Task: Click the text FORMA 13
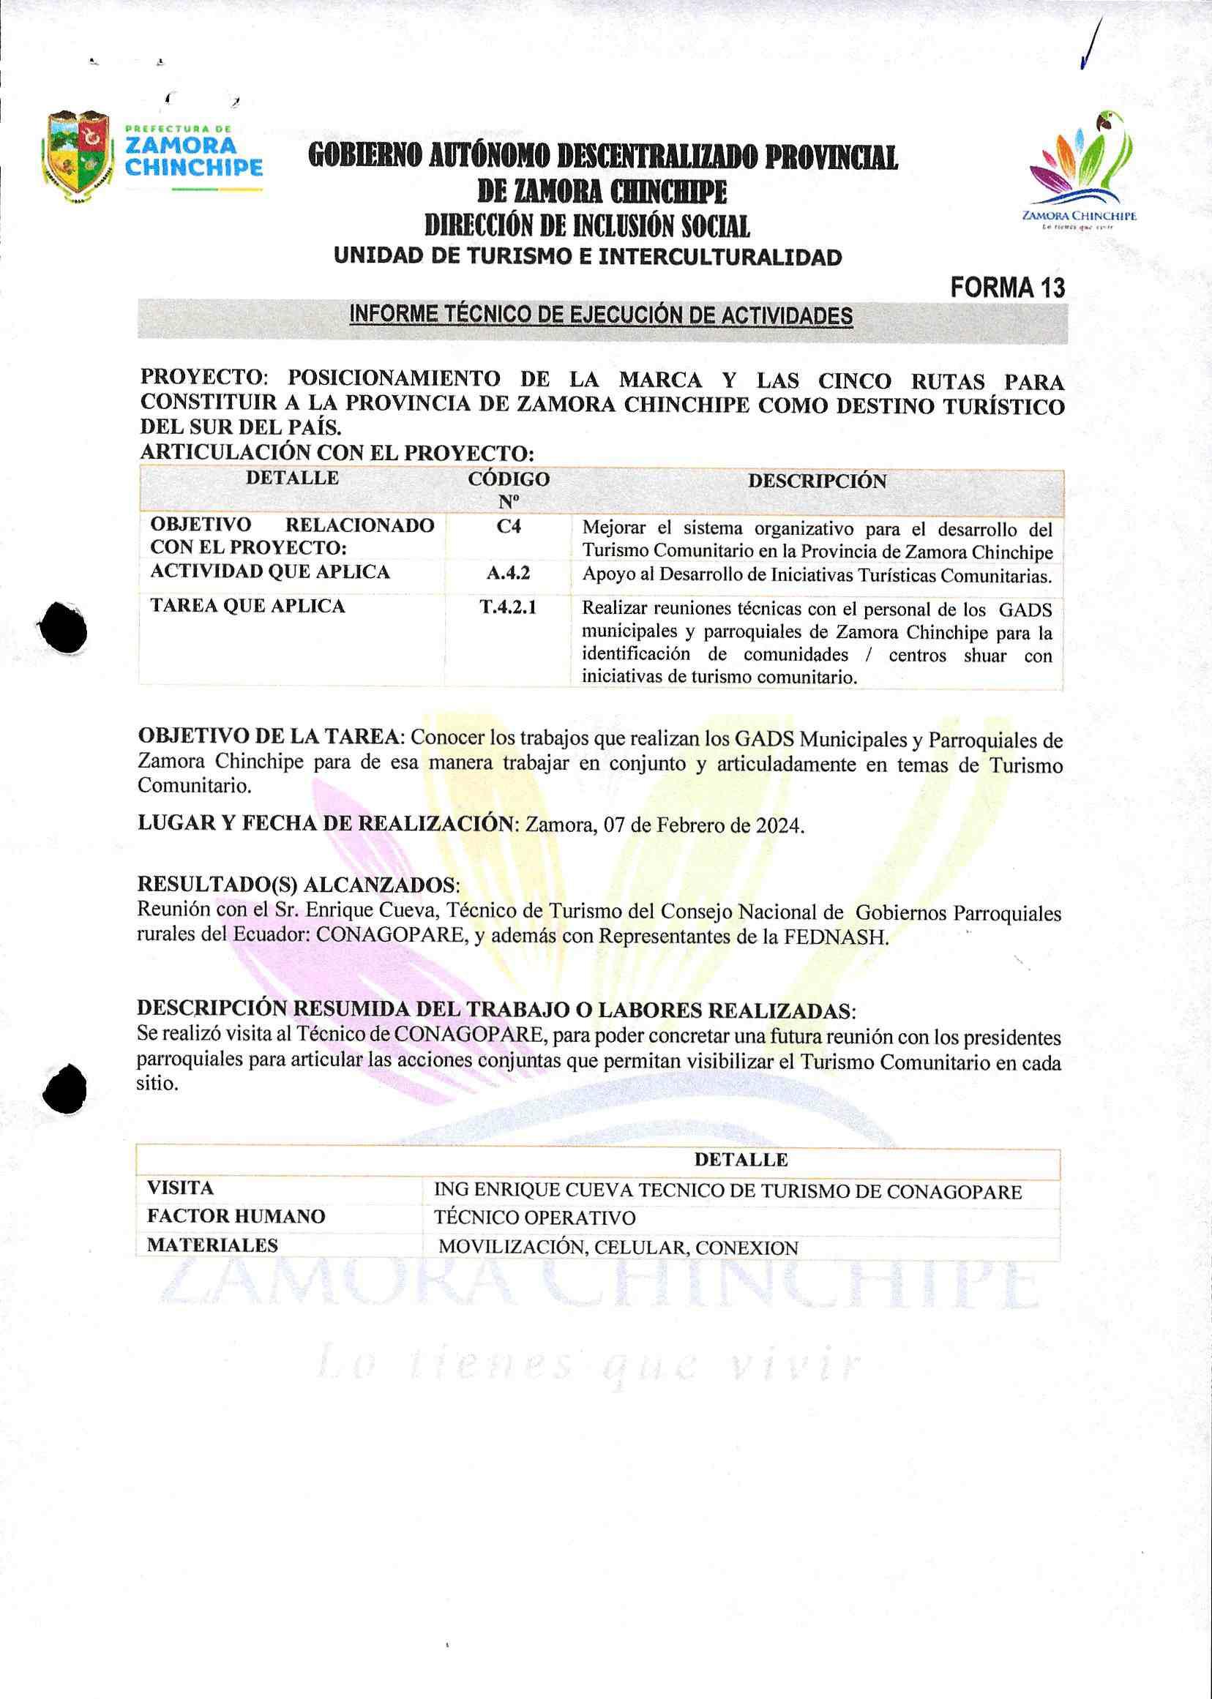[1007, 288]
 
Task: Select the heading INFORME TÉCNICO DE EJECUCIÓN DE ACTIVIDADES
[601, 315]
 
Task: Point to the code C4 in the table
[508, 527]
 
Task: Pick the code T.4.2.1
[508, 607]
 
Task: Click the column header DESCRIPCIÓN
[818, 481]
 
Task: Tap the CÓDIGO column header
[508, 490]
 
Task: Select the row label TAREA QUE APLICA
[248, 606]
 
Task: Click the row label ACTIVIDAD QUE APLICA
[270, 572]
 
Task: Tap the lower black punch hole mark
[65, 1089]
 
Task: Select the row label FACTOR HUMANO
[236, 1216]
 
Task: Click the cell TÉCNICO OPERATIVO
[534, 1218]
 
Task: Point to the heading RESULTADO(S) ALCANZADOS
[298, 885]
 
